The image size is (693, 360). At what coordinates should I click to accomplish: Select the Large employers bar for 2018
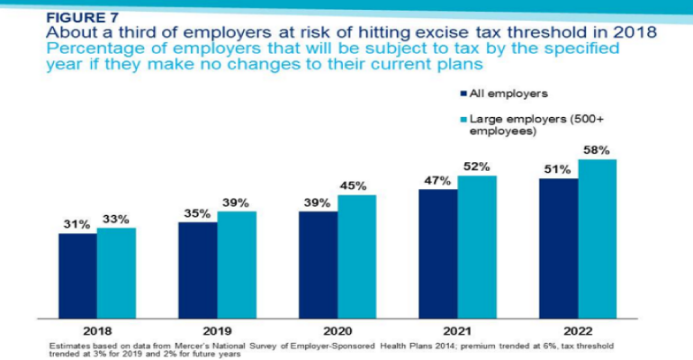click(116, 274)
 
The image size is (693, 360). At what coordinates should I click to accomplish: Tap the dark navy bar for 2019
click(197, 270)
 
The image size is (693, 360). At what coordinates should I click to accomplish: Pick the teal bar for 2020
click(356, 256)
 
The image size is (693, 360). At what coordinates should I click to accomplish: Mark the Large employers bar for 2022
click(597, 239)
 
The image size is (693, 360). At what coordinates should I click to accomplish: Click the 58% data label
click(597, 150)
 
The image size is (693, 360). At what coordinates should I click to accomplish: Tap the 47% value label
click(436, 180)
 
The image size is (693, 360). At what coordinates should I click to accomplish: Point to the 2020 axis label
click(337, 329)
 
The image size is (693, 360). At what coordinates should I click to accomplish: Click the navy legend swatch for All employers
click(463, 93)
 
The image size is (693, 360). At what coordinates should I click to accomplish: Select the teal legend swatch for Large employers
click(463, 119)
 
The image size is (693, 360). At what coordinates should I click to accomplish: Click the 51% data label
click(557, 170)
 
